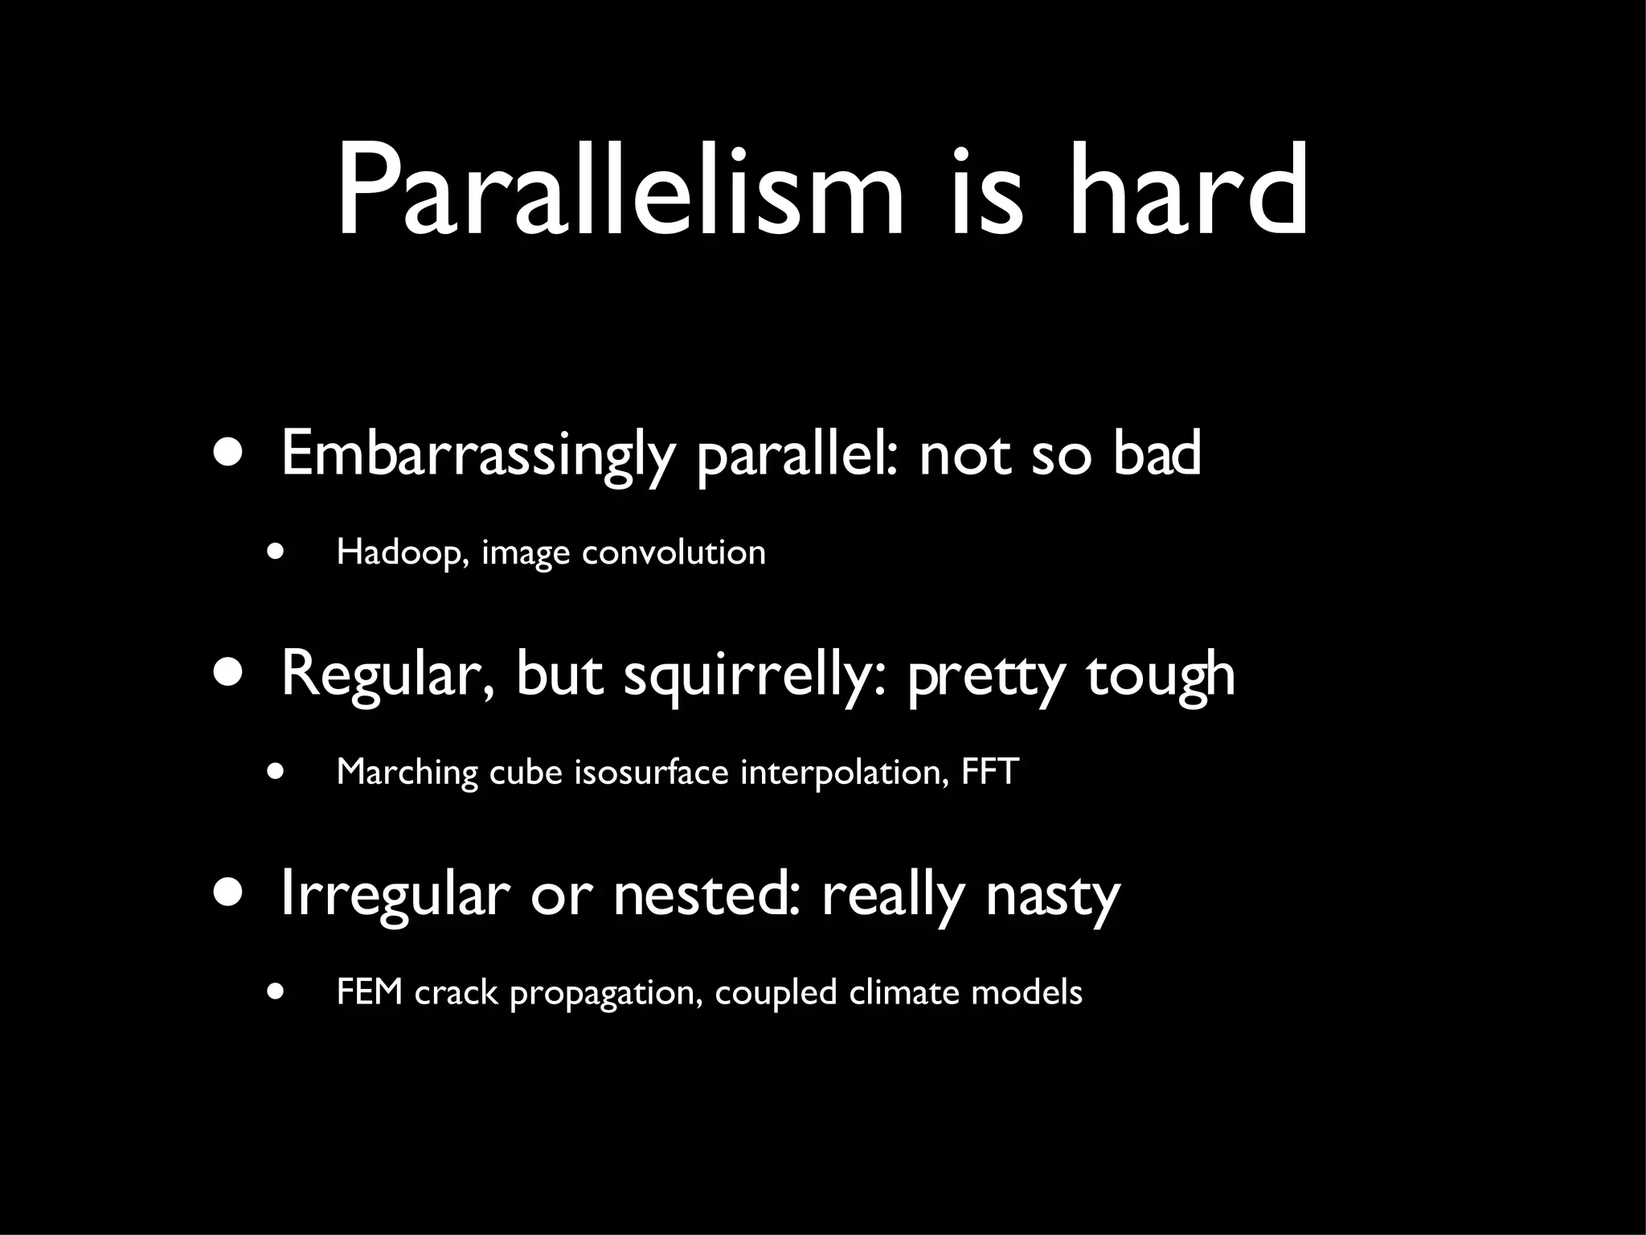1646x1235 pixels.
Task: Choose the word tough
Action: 1161,675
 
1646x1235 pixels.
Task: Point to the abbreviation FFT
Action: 990,772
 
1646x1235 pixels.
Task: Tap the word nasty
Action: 1053,896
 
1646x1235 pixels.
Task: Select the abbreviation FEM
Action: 369,992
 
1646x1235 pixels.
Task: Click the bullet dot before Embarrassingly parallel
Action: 228,453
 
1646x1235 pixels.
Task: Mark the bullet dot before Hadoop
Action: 276,552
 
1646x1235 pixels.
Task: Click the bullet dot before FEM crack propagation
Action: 276,992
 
